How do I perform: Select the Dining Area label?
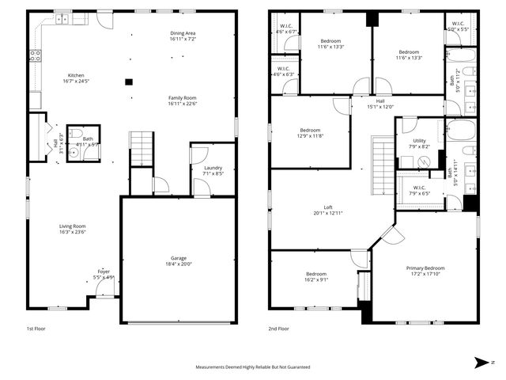(183, 33)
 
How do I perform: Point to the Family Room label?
(183, 97)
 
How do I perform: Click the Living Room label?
(72, 226)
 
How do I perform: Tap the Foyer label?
(104, 272)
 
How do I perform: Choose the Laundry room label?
(213, 167)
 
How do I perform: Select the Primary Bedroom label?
(425, 268)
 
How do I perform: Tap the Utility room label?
(420, 141)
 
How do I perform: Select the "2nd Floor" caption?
(278, 328)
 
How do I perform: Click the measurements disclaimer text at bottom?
(253, 367)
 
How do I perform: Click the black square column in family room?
(128, 81)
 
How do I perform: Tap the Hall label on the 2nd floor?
(380, 101)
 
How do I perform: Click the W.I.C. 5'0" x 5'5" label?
(459, 25)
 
